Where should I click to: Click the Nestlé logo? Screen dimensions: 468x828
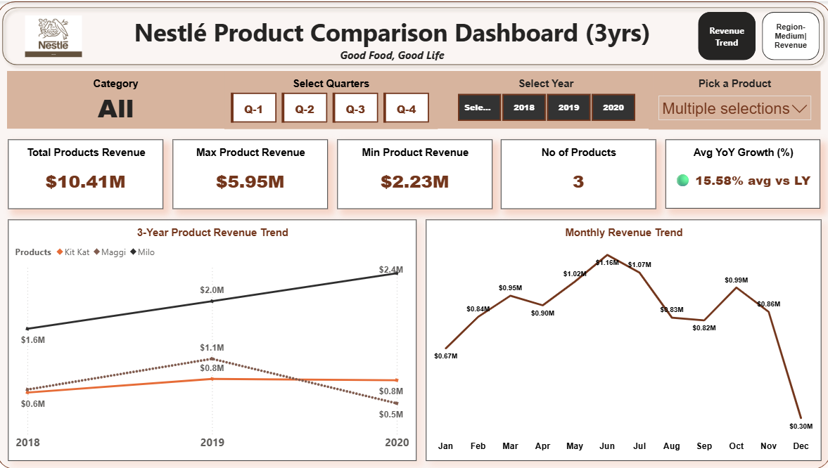[53, 37]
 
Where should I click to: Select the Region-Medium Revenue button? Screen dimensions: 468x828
[791, 36]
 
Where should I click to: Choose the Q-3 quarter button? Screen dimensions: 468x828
[355, 108]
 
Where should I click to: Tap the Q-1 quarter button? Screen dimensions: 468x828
[254, 108]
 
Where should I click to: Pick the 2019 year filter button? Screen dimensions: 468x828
[568, 108]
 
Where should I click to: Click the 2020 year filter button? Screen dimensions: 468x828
[613, 108]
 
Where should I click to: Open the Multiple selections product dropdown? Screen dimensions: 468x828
[734, 108]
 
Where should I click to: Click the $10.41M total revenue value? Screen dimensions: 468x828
[86, 181]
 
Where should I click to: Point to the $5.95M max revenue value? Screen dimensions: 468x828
[250, 181]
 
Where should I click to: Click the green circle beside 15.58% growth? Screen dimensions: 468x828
[682, 181]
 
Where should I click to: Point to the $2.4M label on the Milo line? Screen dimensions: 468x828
[390, 270]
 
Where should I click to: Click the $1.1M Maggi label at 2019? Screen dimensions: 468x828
[212, 348]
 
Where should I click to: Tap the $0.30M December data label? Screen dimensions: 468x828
[801, 426]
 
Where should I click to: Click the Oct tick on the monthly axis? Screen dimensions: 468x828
[736, 446]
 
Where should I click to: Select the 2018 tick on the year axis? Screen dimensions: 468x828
[27, 442]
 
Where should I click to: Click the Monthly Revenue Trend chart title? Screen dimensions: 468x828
[623, 233]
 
